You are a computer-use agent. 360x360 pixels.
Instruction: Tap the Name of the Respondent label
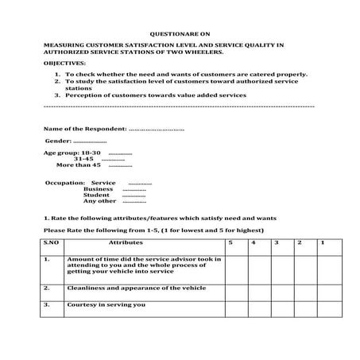[85, 127]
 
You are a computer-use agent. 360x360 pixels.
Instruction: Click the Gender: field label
[59, 140]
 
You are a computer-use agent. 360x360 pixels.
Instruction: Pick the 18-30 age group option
[91, 152]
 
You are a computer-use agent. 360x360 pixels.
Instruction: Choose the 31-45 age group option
[83, 158]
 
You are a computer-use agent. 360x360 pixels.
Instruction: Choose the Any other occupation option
[99, 201]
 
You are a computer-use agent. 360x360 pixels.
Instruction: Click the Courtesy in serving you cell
[106, 304]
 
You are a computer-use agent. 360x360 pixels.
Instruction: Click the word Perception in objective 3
[85, 95]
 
